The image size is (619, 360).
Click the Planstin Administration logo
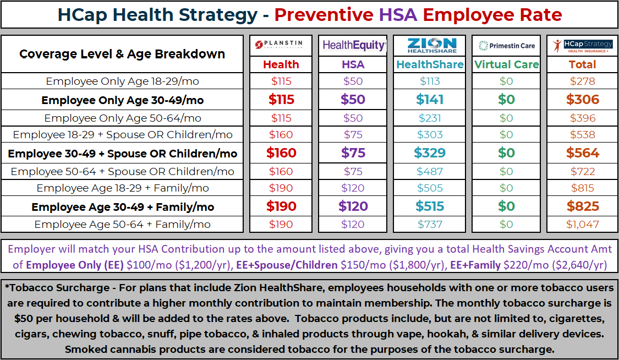point(281,45)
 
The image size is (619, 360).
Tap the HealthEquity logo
point(353,45)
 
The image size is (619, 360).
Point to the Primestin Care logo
point(506,46)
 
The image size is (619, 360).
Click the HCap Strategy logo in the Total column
point(582,46)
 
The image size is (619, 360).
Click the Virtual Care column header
point(506,64)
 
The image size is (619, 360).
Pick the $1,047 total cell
point(582,225)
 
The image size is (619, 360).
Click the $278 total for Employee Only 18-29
point(582,81)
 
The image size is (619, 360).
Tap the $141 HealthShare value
point(430,100)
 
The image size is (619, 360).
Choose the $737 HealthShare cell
point(430,225)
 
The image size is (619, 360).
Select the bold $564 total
point(582,153)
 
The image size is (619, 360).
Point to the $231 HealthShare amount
point(430,118)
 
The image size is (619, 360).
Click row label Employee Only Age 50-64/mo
point(123,118)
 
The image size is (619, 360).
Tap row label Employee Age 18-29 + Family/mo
point(123,188)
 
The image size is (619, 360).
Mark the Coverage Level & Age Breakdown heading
point(122,54)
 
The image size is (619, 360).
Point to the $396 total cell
point(582,118)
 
